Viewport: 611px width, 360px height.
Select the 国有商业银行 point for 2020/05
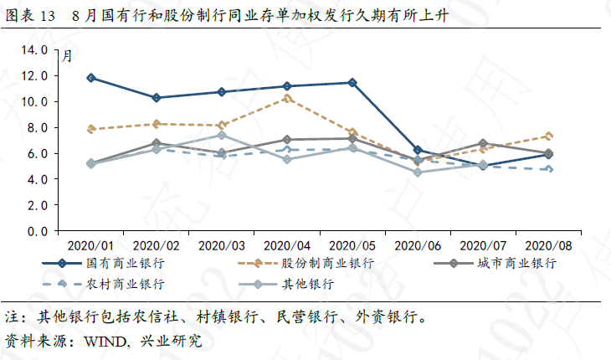pyautogui.click(x=352, y=83)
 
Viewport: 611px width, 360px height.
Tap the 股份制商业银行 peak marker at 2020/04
pyautogui.click(x=287, y=98)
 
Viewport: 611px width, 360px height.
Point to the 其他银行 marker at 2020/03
pyautogui.click(x=222, y=135)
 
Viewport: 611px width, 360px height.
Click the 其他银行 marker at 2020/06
pyautogui.click(x=418, y=172)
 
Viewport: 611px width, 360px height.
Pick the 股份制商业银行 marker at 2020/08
pyautogui.click(x=548, y=136)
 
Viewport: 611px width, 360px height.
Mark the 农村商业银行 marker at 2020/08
pyautogui.click(x=548, y=169)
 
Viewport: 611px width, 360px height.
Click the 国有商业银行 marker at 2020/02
pyautogui.click(x=157, y=98)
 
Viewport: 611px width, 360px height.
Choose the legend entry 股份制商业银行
pyautogui.click(x=316, y=263)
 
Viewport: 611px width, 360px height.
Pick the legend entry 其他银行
pyautogui.click(x=306, y=283)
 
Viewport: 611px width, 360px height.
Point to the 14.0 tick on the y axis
pyautogui.click(x=34, y=50)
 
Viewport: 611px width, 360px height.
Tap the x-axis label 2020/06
pyautogui.click(x=418, y=246)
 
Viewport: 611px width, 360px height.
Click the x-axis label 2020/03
pyautogui.click(x=222, y=246)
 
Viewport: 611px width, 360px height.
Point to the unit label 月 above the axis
pyautogui.click(x=67, y=56)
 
